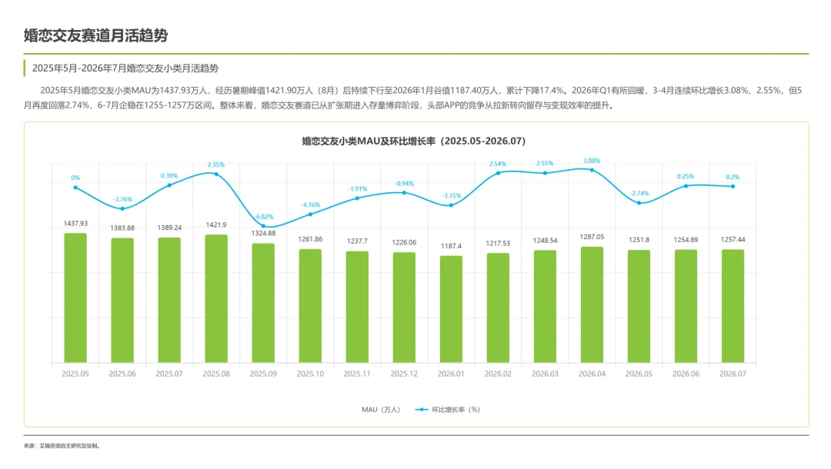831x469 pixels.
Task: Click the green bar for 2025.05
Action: (75, 298)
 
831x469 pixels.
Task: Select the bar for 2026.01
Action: (451, 309)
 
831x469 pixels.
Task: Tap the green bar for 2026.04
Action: (592, 305)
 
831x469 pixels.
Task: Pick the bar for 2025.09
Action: (263, 304)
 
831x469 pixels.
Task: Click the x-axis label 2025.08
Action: (216, 374)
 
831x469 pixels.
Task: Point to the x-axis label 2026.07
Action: (733, 374)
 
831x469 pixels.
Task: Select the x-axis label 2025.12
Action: (404, 374)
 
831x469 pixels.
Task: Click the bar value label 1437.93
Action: (75, 224)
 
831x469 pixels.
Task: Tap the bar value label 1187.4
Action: (451, 246)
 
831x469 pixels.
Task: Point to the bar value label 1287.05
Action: (592, 237)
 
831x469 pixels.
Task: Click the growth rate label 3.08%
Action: (592, 161)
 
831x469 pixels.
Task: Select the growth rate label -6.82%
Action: (264, 217)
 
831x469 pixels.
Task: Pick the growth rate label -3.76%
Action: (122, 200)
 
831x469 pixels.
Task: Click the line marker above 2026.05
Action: (639, 203)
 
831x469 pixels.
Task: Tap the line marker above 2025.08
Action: (216, 175)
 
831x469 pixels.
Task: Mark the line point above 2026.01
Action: (451, 205)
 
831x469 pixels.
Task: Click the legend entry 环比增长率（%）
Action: (448, 410)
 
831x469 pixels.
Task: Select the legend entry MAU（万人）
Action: (381, 410)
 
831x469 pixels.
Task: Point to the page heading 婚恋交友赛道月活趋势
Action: (96, 35)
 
